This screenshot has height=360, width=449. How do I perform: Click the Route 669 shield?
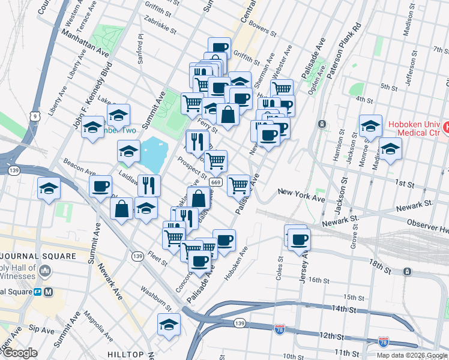click(x=217, y=182)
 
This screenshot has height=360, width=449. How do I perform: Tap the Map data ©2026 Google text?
click(x=412, y=355)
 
